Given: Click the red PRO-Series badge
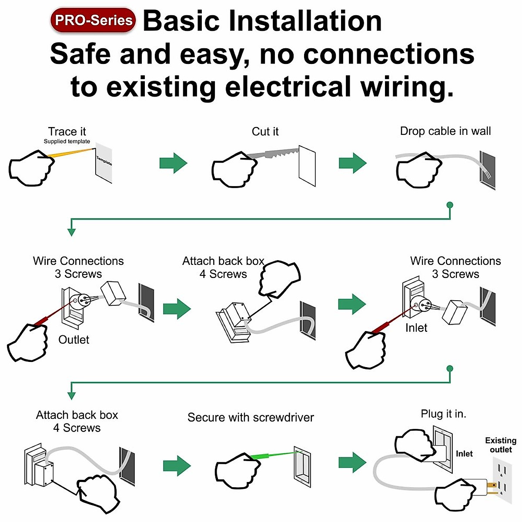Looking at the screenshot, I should pyautogui.click(x=93, y=20).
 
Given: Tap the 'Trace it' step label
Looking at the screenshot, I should pyautogui.click(x=67, y=131).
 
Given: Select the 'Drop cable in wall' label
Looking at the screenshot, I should pyautogui.click(x=445, y=131).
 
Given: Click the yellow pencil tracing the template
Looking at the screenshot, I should pyautogui.click(x=70, y=153).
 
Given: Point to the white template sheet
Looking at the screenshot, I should pyautogui.click(x=104, y=163).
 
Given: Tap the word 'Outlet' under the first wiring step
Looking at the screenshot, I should pyautogui.click(x=74, y=340).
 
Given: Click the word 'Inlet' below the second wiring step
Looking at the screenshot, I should pyautogui.click(x=416, y=328).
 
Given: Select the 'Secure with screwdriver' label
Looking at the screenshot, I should pyautogui.click(x=251, y=418).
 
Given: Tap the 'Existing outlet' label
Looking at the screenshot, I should pyautogui.click(x=501, y=445).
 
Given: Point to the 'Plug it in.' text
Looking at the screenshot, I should pyautogui.click(x=443, y=414).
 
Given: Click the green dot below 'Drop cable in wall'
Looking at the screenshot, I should pyautogui.click(x=450, y=205).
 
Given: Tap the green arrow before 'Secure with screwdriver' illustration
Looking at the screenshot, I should pyautogui.click(x=177, y=466).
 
